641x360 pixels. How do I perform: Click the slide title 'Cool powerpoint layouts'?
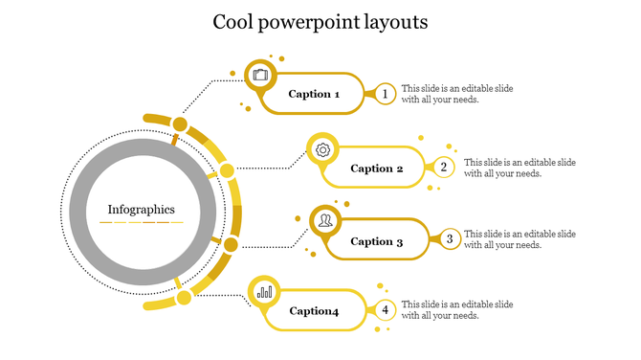pyautogui.click(x=320, y=22)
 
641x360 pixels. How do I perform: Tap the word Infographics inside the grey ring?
pyautogui.click(x=142, y=209)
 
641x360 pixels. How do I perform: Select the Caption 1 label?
pyautogui.click(x=314, y=94)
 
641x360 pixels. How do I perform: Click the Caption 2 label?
pyautogui.click(x=377, y=169)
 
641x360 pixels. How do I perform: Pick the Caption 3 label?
pyautogui.click(x=377, y=241)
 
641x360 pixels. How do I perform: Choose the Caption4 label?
pyautogui.click(x=314, y=310)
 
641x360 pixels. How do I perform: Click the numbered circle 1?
pyautogui.click(x=385, y=94)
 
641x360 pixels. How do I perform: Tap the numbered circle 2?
pyautogui.click(x=444, y=168)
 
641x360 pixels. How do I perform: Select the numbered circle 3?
pyautogui.click(x=449, y=238)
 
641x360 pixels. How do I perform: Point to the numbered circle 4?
pyautogui.click(x=385, y=309)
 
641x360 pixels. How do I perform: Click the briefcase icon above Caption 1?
pyautogui.click(x=260, y=75)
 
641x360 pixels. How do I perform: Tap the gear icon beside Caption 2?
pyautogui.click(x=323, y=149)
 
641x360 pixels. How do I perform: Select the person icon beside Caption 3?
pyautogui.click(x=325, y=221)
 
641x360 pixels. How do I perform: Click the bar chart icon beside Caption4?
pyautogui.click(x=264, y=291)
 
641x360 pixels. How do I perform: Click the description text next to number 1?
pyautogui.click(x=456, y=94)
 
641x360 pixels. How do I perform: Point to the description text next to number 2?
pyautogui.click(x=519, y=168)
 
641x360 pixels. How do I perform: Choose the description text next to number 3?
pyautogui.click(x=519, y=239)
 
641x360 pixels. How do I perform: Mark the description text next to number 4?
pyautogui.click(x=456, y=309)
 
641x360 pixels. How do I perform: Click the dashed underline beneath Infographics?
pyautogui.click(x=142, y=222)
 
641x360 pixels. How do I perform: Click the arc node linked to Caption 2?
pyautogui.click(x=227, y=171)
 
